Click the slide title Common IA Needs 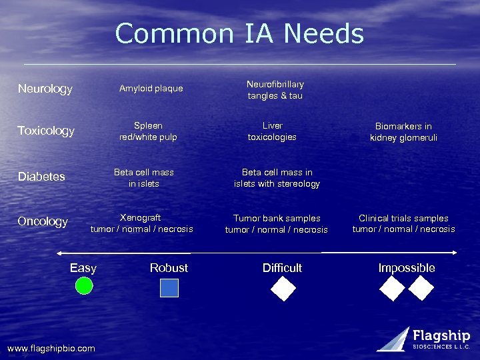[x=239, y=33]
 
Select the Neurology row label [x=45, y=89]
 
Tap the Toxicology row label [x=46, y=131]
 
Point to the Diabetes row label [x=41, y=177]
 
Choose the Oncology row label [x=43, y=221]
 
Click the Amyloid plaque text [x=151, y=89]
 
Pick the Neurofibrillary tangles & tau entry [x=275, y=90]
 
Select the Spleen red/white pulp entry [x=148, y=131]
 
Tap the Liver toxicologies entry [x=272, y=131]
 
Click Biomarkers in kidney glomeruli [x=403, y=132]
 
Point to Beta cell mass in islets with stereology [x=277, y=178]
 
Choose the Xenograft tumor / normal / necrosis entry [x=141, y=223]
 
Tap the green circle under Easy [x=83, y=286]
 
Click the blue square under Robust [x=169, y=287]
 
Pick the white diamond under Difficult [x=283, y=288]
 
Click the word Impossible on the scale [x=407, y=268]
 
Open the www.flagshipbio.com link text [x=51, y=349]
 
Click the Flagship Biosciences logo [x=424, y=339]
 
